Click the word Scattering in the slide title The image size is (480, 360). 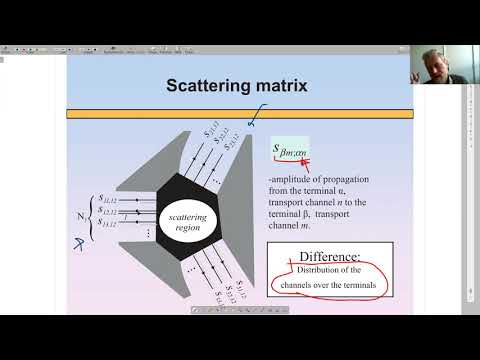(210, 86)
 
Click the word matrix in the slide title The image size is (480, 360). (281, 86)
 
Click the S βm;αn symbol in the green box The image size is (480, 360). (290, 151)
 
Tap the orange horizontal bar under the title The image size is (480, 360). (239, 114)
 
